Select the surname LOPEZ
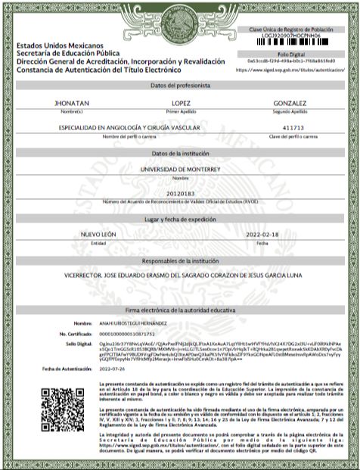181,103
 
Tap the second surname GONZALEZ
291,103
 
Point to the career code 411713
291,128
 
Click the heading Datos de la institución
179,154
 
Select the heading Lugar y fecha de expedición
179,219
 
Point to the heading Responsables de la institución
179,260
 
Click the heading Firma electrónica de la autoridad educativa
179,311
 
